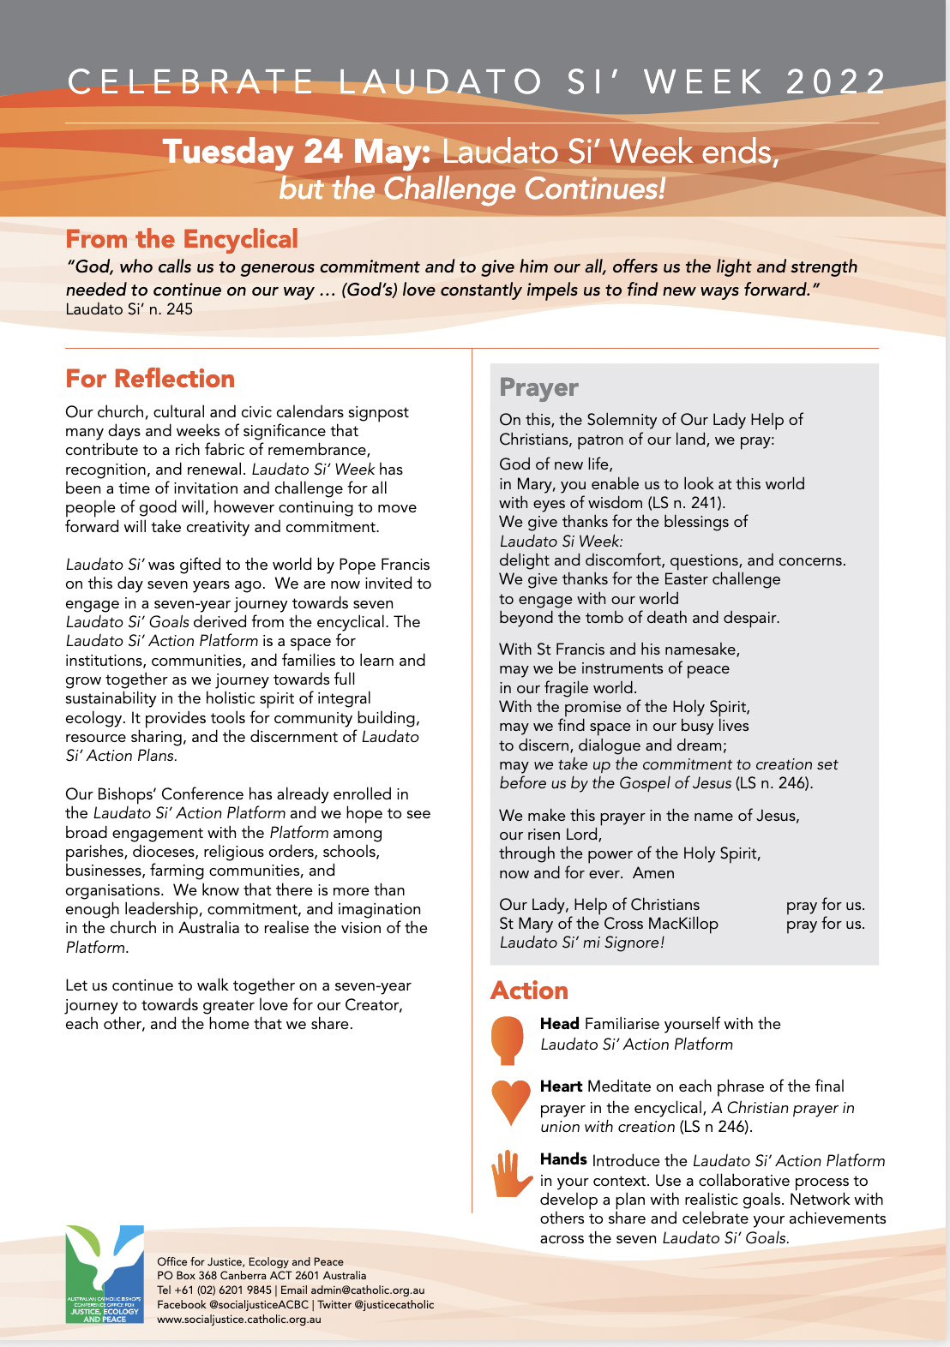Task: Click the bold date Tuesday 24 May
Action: click(297, 152)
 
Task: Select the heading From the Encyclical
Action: click(182, 239)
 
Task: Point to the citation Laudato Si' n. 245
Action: click(129, 309)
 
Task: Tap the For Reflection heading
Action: click(150, 379)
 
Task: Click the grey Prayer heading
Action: click(538, 387)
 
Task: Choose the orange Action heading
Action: click(529, 991)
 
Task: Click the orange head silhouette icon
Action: click(507, 1039)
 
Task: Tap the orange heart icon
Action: click(510, 1102)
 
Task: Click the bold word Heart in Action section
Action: click(561, 1087)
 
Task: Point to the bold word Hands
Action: click(563, 1159)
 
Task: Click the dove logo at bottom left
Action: click(105, 1272)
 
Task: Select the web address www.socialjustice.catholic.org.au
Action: click(239, 1320)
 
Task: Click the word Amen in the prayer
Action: click(653, 873)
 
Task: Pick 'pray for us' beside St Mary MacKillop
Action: click(825, 924)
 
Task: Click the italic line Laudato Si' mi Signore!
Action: click(581, 943)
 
